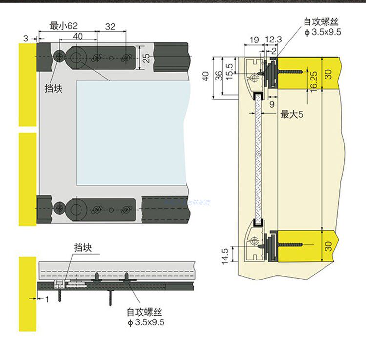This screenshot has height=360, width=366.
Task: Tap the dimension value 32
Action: [x=110, y=27]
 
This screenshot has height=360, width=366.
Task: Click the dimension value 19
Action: [x=254, y=39]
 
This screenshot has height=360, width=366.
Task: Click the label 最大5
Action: [x=292, y=115]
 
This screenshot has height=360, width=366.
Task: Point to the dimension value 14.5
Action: [x=225, y=257]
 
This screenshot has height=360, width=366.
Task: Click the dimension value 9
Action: [x=272, y=103]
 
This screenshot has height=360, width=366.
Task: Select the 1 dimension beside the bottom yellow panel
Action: [x=47, y=300]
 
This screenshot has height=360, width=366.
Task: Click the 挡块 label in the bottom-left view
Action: [x=83, y=247]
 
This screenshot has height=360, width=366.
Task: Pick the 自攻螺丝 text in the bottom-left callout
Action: [x=144, y=312]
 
